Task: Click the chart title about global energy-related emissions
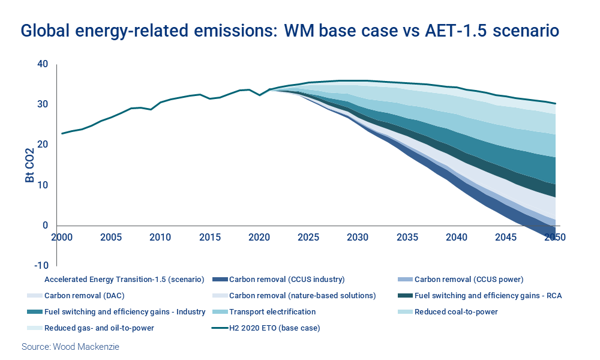290,31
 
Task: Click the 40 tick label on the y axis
43,64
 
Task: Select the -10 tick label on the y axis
41,266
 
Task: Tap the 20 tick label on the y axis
43,145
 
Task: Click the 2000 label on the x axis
62,237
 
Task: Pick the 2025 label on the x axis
308,237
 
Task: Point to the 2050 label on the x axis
554,237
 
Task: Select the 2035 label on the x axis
407,237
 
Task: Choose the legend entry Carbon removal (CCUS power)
469,279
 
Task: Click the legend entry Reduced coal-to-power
456,311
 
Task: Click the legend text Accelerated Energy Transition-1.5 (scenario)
125,279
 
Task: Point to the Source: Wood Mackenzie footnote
70,347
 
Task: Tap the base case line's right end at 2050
555,104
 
